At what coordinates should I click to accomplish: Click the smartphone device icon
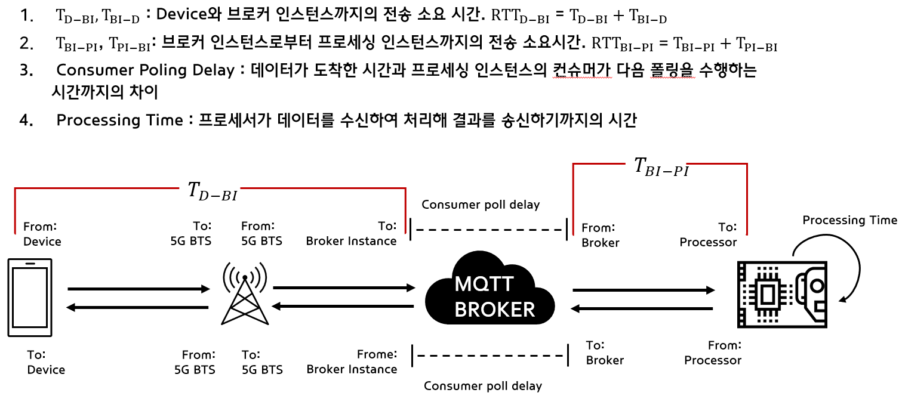30,298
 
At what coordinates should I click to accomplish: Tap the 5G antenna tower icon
245,293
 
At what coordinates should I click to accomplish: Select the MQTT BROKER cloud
490,289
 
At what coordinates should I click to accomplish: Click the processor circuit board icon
782,295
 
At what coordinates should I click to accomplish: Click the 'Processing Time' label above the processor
849,220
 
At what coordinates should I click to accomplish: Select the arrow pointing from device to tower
139,289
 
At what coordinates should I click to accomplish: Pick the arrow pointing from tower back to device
137,308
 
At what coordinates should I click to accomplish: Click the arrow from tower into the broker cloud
344,287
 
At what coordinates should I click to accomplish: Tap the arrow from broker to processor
644,289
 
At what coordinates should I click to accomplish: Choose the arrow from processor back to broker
642,308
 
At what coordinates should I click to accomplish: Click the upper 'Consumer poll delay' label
481,205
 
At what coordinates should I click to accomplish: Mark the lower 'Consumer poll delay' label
483,386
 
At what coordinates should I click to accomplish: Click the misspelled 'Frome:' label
377,354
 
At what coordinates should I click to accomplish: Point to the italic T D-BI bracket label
213,191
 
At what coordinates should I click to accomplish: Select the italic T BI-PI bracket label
661,166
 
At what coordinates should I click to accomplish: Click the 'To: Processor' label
709,234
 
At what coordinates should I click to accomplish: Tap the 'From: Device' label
42,234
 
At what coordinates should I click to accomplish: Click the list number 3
26,70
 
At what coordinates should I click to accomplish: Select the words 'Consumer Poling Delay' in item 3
146,70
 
